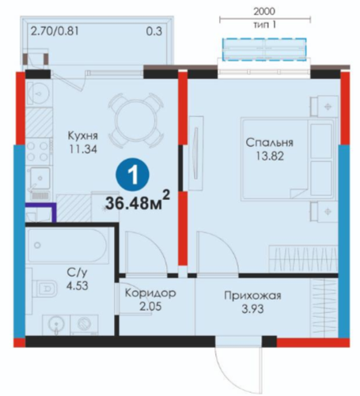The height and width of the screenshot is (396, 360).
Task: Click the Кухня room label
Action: [x=83, y=136]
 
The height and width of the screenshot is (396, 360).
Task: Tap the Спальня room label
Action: [x=269, y=143]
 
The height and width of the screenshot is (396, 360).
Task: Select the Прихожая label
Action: [x=252, y=296]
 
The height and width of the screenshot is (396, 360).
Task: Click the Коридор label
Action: [x=150, y=293]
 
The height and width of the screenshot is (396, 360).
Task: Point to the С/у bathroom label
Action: [x=77, y=273]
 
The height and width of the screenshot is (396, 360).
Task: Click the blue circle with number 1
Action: [x=132, y=175]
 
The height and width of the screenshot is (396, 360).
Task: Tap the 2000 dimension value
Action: [x=264, y=11]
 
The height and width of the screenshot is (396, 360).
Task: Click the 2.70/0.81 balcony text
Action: [x=55, y=32]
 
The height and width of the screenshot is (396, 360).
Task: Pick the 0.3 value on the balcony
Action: [x=154, y=32]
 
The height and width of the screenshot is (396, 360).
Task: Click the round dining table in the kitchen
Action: [x=135, y=120]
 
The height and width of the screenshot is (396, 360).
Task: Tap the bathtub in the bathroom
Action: [x=68, y=246]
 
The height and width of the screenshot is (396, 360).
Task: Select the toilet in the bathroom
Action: [x=45, y=288]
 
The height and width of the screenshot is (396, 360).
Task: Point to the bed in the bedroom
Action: [x=288, y=159]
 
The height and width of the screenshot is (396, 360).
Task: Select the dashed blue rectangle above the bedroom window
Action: [x=264, y=49]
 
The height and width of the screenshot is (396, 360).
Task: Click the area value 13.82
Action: [x=270, y=157]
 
